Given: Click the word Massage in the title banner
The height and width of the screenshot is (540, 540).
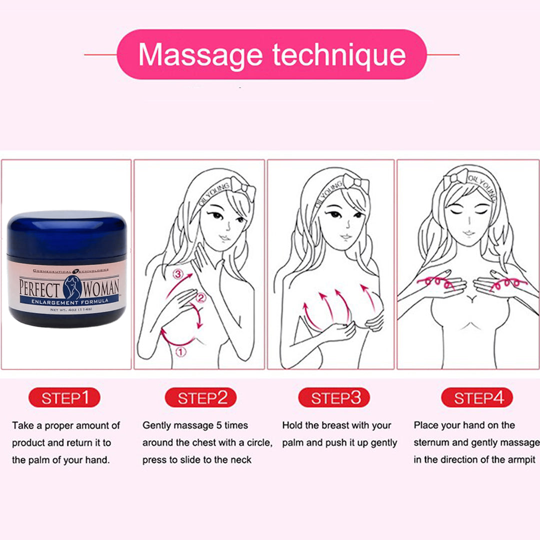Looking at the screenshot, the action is point(200,55).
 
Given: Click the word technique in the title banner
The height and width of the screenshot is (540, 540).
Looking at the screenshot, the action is point(339,55).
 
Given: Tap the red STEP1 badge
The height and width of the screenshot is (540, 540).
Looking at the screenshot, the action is point(64,397).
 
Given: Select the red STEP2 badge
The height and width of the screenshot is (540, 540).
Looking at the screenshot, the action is point(201,397).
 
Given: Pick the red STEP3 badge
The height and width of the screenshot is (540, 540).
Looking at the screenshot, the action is point(334,397).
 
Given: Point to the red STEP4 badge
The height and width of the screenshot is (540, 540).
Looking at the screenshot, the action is point(477,397).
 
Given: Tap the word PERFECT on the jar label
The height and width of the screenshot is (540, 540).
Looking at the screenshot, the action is point(40,288).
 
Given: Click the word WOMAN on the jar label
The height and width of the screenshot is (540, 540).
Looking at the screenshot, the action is point(101,288).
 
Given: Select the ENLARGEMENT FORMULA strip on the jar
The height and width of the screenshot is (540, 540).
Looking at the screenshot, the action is point(69,301).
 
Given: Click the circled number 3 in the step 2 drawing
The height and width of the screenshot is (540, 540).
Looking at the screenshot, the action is point(178,274).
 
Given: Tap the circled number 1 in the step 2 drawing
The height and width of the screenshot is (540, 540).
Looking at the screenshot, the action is point(181,352).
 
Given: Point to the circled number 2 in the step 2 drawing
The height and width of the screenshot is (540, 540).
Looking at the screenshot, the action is point(201,297).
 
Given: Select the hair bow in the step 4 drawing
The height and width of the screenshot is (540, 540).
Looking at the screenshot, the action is point(456,178).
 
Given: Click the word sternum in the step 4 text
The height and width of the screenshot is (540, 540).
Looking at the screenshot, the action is point(431,442).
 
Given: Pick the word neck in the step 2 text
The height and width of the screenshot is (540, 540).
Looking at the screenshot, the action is point(240,460).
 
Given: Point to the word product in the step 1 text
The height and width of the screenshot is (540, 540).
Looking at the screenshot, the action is point(28,443).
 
